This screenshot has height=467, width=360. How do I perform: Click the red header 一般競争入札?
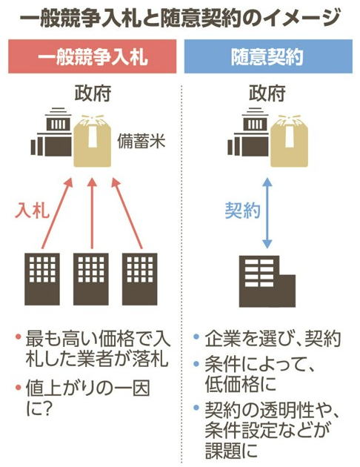93,56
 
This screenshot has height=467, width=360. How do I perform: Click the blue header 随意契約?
268,56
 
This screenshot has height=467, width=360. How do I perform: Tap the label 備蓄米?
141,141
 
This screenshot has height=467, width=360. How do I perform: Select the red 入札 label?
32,211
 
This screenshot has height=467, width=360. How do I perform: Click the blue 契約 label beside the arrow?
242,211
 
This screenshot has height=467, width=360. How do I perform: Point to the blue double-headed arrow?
267,213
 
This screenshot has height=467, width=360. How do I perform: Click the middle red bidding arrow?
92,213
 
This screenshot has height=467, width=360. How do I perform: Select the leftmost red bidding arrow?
58,213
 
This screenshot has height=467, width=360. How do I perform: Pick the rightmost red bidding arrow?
127,213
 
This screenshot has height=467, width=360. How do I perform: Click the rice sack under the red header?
93,141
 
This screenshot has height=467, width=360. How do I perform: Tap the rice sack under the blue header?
289,141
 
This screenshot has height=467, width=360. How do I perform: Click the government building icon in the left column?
51,132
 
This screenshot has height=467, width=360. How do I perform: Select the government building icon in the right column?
248,132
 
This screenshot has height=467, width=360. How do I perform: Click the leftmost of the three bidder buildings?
42,279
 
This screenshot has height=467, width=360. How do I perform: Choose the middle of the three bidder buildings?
91,279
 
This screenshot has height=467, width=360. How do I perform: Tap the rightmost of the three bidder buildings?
139,279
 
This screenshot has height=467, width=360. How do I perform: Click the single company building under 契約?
267,281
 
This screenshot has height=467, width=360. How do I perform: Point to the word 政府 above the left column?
93,93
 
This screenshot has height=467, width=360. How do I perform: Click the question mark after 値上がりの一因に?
46,408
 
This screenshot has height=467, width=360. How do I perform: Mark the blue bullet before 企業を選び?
196,337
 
